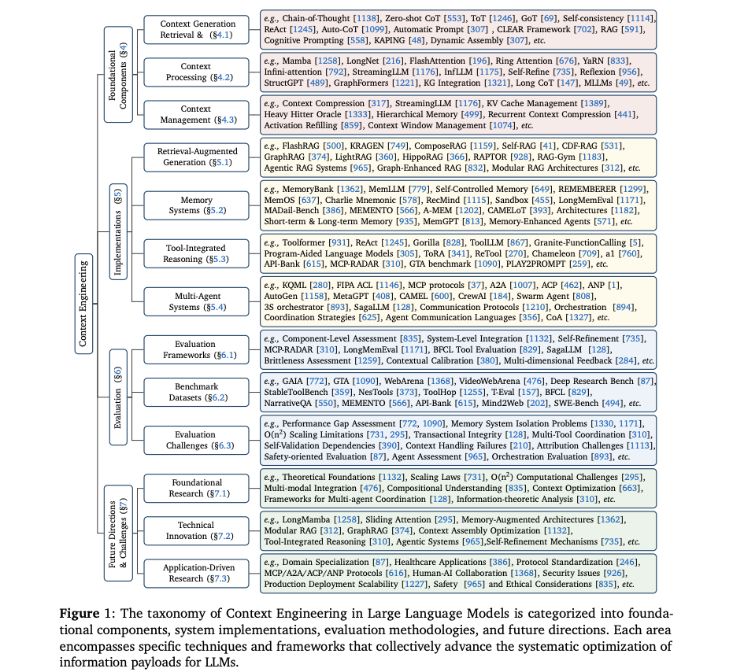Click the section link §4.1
[x=219, y=35]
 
